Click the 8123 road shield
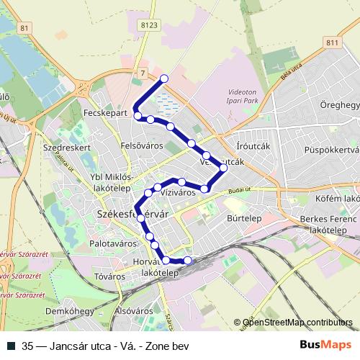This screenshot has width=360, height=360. point(150,24)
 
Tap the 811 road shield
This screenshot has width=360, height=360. point(331,43)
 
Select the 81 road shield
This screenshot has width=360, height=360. point(27,28)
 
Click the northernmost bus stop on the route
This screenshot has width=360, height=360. point(164,78)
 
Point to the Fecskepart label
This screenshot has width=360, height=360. point(105,114)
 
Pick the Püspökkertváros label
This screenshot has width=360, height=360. point(331,150)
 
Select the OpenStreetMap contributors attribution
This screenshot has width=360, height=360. point(298,323)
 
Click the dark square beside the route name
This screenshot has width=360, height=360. point(11,346)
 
